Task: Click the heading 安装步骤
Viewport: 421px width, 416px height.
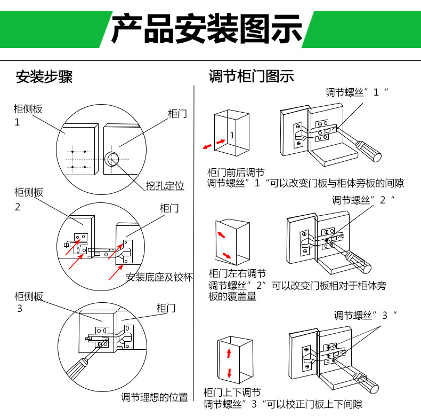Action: [44, 76]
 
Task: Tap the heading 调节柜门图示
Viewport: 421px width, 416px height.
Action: [252, 76]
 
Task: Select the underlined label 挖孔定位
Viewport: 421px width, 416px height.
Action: [165, 186]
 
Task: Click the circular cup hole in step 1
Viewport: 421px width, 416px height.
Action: [113, 159]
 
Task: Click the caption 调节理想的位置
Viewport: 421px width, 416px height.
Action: [154, 397]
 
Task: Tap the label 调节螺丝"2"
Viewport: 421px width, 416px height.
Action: [363, 200]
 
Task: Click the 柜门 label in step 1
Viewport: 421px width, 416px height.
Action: [177, 114]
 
